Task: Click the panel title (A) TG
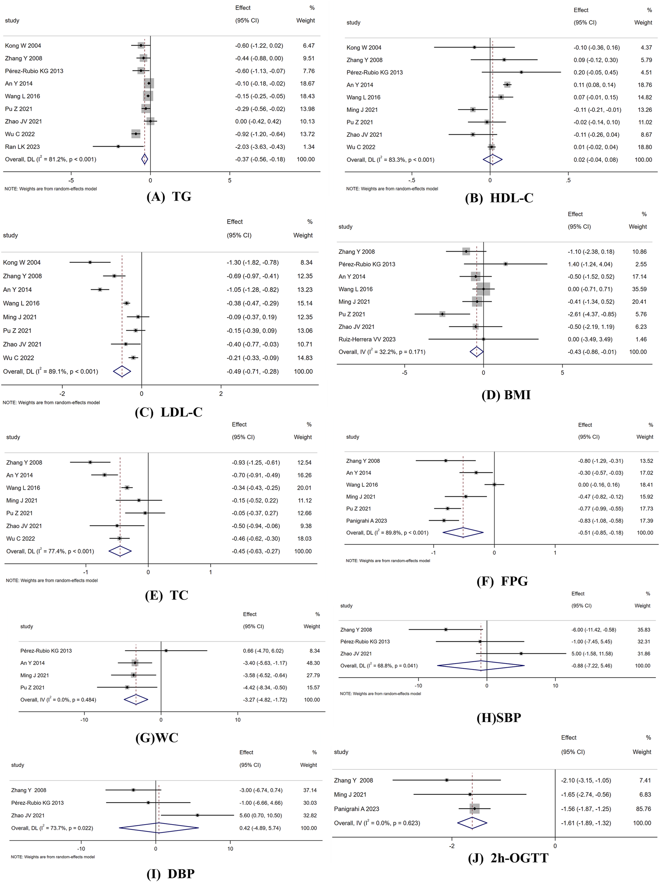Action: [168, 196]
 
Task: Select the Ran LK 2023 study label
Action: [22, 147]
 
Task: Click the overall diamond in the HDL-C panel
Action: [492, 160]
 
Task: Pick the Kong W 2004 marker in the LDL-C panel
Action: [90, 262]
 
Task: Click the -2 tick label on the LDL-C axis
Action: [63, 394]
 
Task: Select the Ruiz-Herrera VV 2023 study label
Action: [367, 339]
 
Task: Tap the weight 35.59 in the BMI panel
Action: [639, 289]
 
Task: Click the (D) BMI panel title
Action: [506, 395]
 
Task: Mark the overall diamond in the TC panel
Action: [120, 551]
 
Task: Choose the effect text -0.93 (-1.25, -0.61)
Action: [256, 463]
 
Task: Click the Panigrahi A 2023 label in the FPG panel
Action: [367, 521]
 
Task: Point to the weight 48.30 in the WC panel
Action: [312, 663]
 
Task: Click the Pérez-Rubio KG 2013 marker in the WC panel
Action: [166, 651]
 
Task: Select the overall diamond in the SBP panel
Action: [481, 665]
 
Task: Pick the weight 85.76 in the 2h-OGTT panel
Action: [642, 809]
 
